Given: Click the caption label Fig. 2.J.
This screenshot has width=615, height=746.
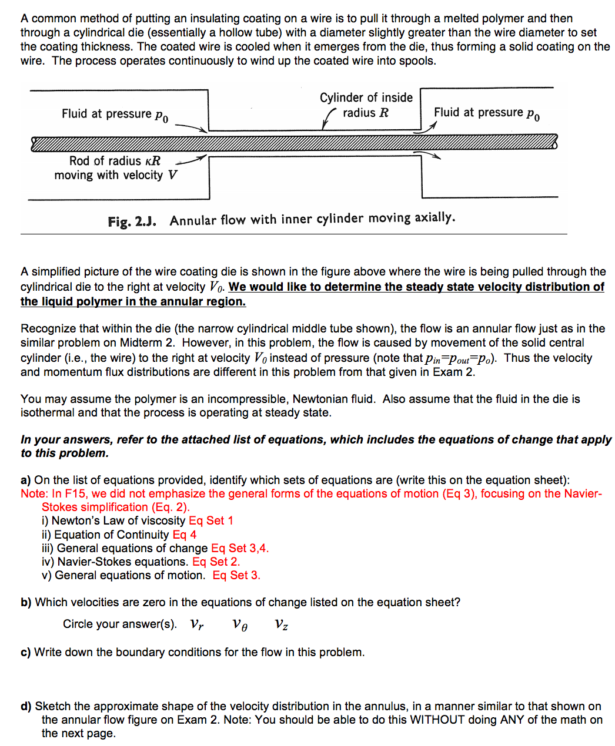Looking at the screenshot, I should click(132, 221).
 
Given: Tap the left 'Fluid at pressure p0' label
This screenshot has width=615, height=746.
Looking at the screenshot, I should click(115, 114).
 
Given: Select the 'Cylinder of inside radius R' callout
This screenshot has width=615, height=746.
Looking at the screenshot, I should click(366, 105).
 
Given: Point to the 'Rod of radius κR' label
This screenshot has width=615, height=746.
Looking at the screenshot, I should click(115, 161).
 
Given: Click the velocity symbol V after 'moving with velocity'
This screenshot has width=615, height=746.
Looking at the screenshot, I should click(172, 175).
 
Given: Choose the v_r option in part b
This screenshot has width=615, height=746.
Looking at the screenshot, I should click(197, 624).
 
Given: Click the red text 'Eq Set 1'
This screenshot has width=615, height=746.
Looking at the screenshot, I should click(211, 521).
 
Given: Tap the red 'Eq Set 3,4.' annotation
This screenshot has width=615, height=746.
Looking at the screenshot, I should click(240, 548).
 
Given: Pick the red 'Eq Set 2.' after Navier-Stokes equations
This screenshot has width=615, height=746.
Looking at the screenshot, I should click(216, 562).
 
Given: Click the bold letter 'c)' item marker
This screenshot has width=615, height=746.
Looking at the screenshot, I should click(25, 653).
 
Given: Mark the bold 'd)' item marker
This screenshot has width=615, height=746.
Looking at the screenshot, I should click(26, 707).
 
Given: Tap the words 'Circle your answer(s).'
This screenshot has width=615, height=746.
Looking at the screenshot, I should click(120, 624).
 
